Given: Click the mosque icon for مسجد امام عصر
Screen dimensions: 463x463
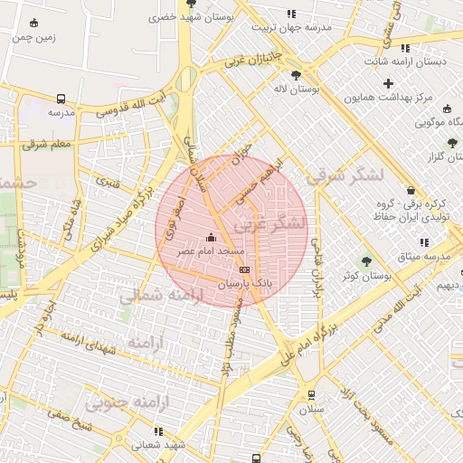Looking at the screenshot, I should pyautogui.click(x=211, y=238).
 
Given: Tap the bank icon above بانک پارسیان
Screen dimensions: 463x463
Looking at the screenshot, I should pyautogui.click(x=244, y=269).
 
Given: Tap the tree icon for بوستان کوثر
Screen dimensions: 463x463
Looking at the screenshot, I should pyautogui.click(x=366, y=260).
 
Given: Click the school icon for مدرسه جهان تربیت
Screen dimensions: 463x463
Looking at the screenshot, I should pyautogui.click(x=291, y=14).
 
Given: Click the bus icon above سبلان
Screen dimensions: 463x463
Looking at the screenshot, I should pyautogui.click(x=311, y=395).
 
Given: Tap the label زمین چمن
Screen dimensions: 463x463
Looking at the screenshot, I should pyautogui.click(x=34, y=37).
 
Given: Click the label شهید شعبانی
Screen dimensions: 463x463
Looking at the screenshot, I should pyautogui.click(x=158, y=445).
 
